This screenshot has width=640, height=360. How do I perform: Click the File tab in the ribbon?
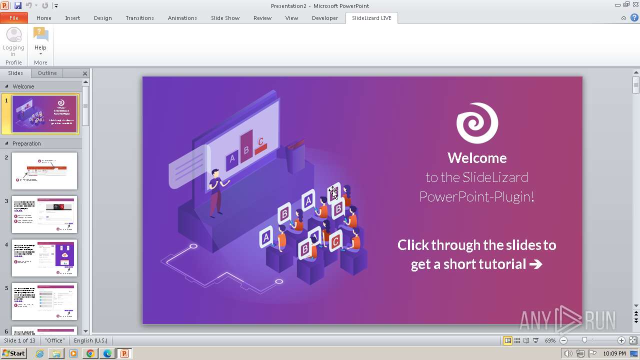pos(14,18)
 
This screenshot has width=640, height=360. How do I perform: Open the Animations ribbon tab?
pos(182,18)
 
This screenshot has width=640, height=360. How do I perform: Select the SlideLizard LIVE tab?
pos(371,18)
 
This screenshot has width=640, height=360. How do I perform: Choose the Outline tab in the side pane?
pos(47,73)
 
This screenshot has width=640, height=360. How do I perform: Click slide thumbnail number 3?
pos(44,214)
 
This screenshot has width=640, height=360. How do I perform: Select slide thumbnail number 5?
pos(44,301)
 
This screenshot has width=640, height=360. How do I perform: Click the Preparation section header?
pos(26,143)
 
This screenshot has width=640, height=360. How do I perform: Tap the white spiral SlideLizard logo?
pos(477,123)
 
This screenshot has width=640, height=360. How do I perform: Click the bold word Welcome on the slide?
pos(477,158)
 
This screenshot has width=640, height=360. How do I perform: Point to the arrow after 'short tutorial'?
pos(535,264)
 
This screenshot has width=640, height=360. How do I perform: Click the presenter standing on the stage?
pos(216,192)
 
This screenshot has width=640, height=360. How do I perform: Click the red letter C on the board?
pos(260,142)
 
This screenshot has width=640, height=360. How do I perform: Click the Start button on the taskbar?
pos(13,353)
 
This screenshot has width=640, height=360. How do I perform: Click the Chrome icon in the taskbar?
pos(90,353)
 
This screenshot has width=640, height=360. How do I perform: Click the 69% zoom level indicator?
pos(550,340)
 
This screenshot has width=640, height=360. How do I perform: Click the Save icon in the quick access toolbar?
pos(18,5)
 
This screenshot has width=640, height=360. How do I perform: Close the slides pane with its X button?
pos(85,73)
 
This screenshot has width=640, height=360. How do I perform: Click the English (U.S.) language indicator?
pos(90,340)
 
